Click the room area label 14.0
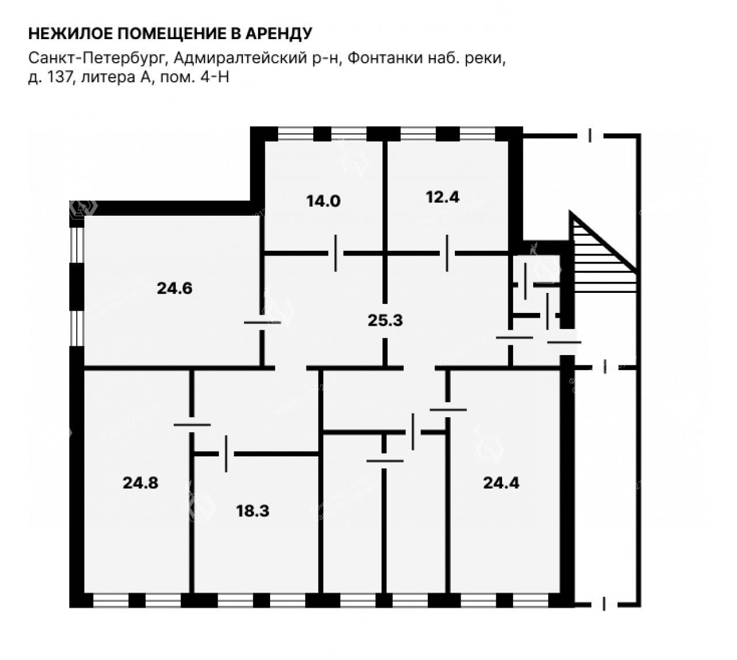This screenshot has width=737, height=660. point(323,201)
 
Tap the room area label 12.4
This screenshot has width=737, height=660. point(442,197)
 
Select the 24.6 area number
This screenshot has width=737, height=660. point(174,288)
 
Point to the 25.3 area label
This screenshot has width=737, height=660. point(385,321)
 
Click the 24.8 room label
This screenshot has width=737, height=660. point(140,483)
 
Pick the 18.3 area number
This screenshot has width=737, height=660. point(252,511)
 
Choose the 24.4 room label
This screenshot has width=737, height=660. point(501,483)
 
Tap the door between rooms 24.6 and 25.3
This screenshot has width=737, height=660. point(263,323)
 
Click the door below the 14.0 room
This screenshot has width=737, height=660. point(336,253)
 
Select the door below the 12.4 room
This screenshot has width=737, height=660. point(447,253)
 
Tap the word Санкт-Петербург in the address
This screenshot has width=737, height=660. point(97,58)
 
